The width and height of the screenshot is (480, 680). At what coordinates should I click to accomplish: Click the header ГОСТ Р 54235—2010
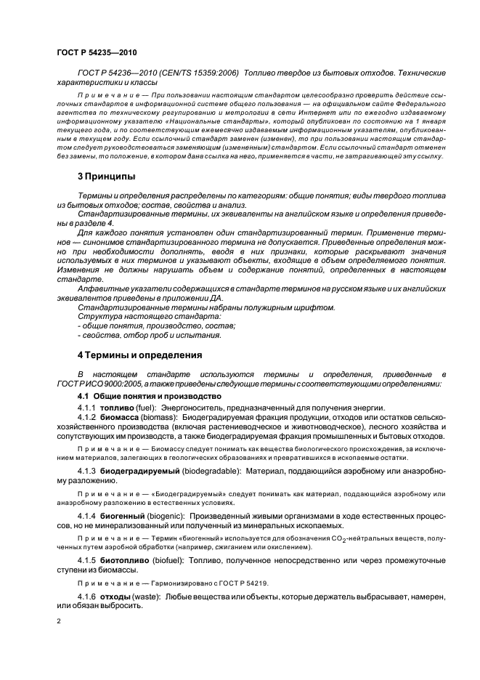[x=96, y=52]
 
